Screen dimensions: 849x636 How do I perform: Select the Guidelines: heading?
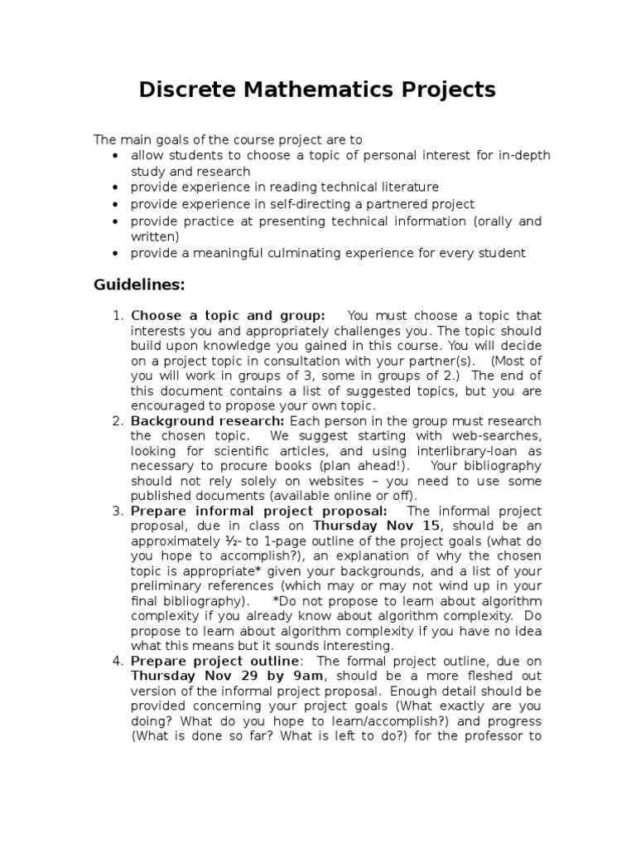point(139,284)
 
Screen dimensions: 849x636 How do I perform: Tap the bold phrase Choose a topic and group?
point(228,315)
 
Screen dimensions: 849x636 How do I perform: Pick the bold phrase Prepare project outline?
point(215,661)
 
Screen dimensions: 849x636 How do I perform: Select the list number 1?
point(117,315)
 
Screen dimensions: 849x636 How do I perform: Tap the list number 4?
point(117,661)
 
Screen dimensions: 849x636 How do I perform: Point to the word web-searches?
point(494,436)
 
